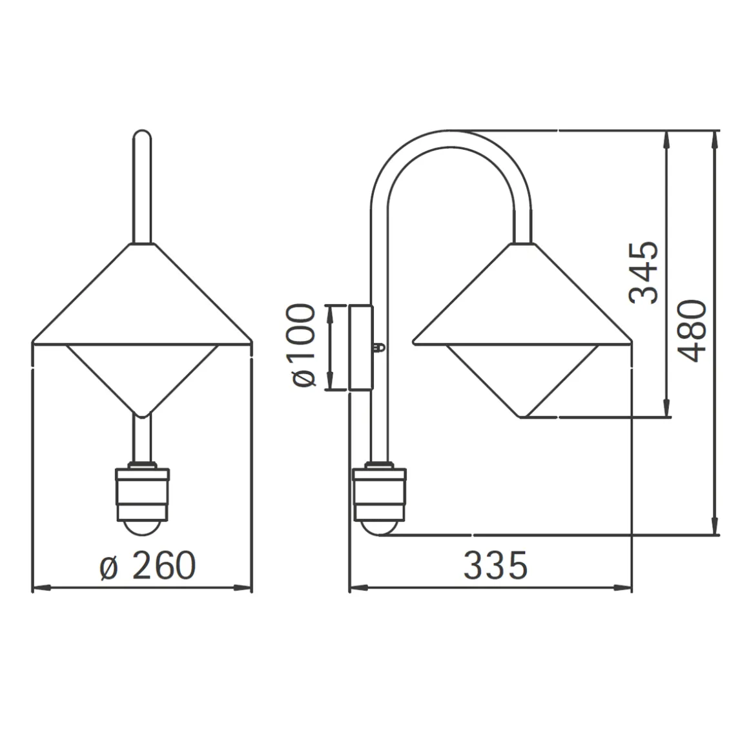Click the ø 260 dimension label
[148, 566]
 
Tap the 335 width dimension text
[495, 566]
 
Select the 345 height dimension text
[644, 272]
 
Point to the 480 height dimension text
[691, 331]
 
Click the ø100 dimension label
[300, 345]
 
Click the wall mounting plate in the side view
[361, 348]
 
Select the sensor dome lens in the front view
[142, 528]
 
